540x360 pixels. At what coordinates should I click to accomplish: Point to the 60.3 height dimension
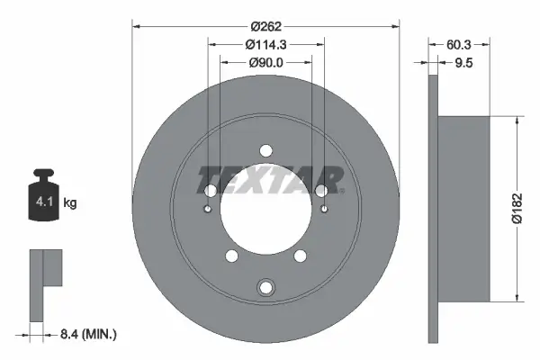click(x=461, y=42)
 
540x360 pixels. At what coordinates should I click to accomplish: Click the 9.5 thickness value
click(x=464, y=62)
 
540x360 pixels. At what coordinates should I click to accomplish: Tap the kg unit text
click(x=71, y=203)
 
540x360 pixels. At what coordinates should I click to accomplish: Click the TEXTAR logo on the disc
click(x=270, y=178)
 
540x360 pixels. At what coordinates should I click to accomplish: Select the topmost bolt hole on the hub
click(x=265, y=150)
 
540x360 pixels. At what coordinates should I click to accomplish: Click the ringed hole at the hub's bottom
click(x=265, y=287)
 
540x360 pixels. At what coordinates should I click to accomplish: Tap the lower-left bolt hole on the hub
click(x=232, y=257)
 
